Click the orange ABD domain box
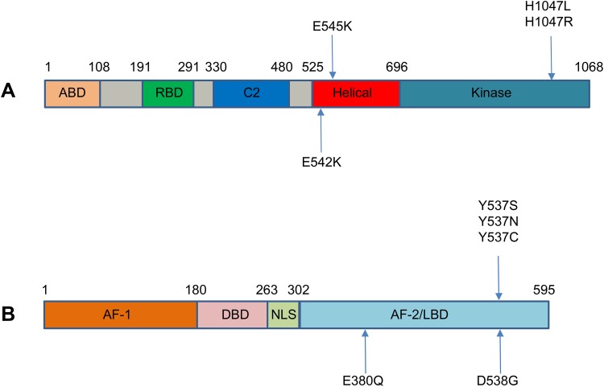tap(72, 93)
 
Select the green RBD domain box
tap(168, 93)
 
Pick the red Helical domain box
tap(355, 93)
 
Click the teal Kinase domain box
tap(494, 93)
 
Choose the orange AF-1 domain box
tap(120, 315)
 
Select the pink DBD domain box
tap(232, 315)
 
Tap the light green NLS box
tap(283, 315)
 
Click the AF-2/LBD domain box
tap(424, 315)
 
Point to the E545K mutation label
tap(333, 25)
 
